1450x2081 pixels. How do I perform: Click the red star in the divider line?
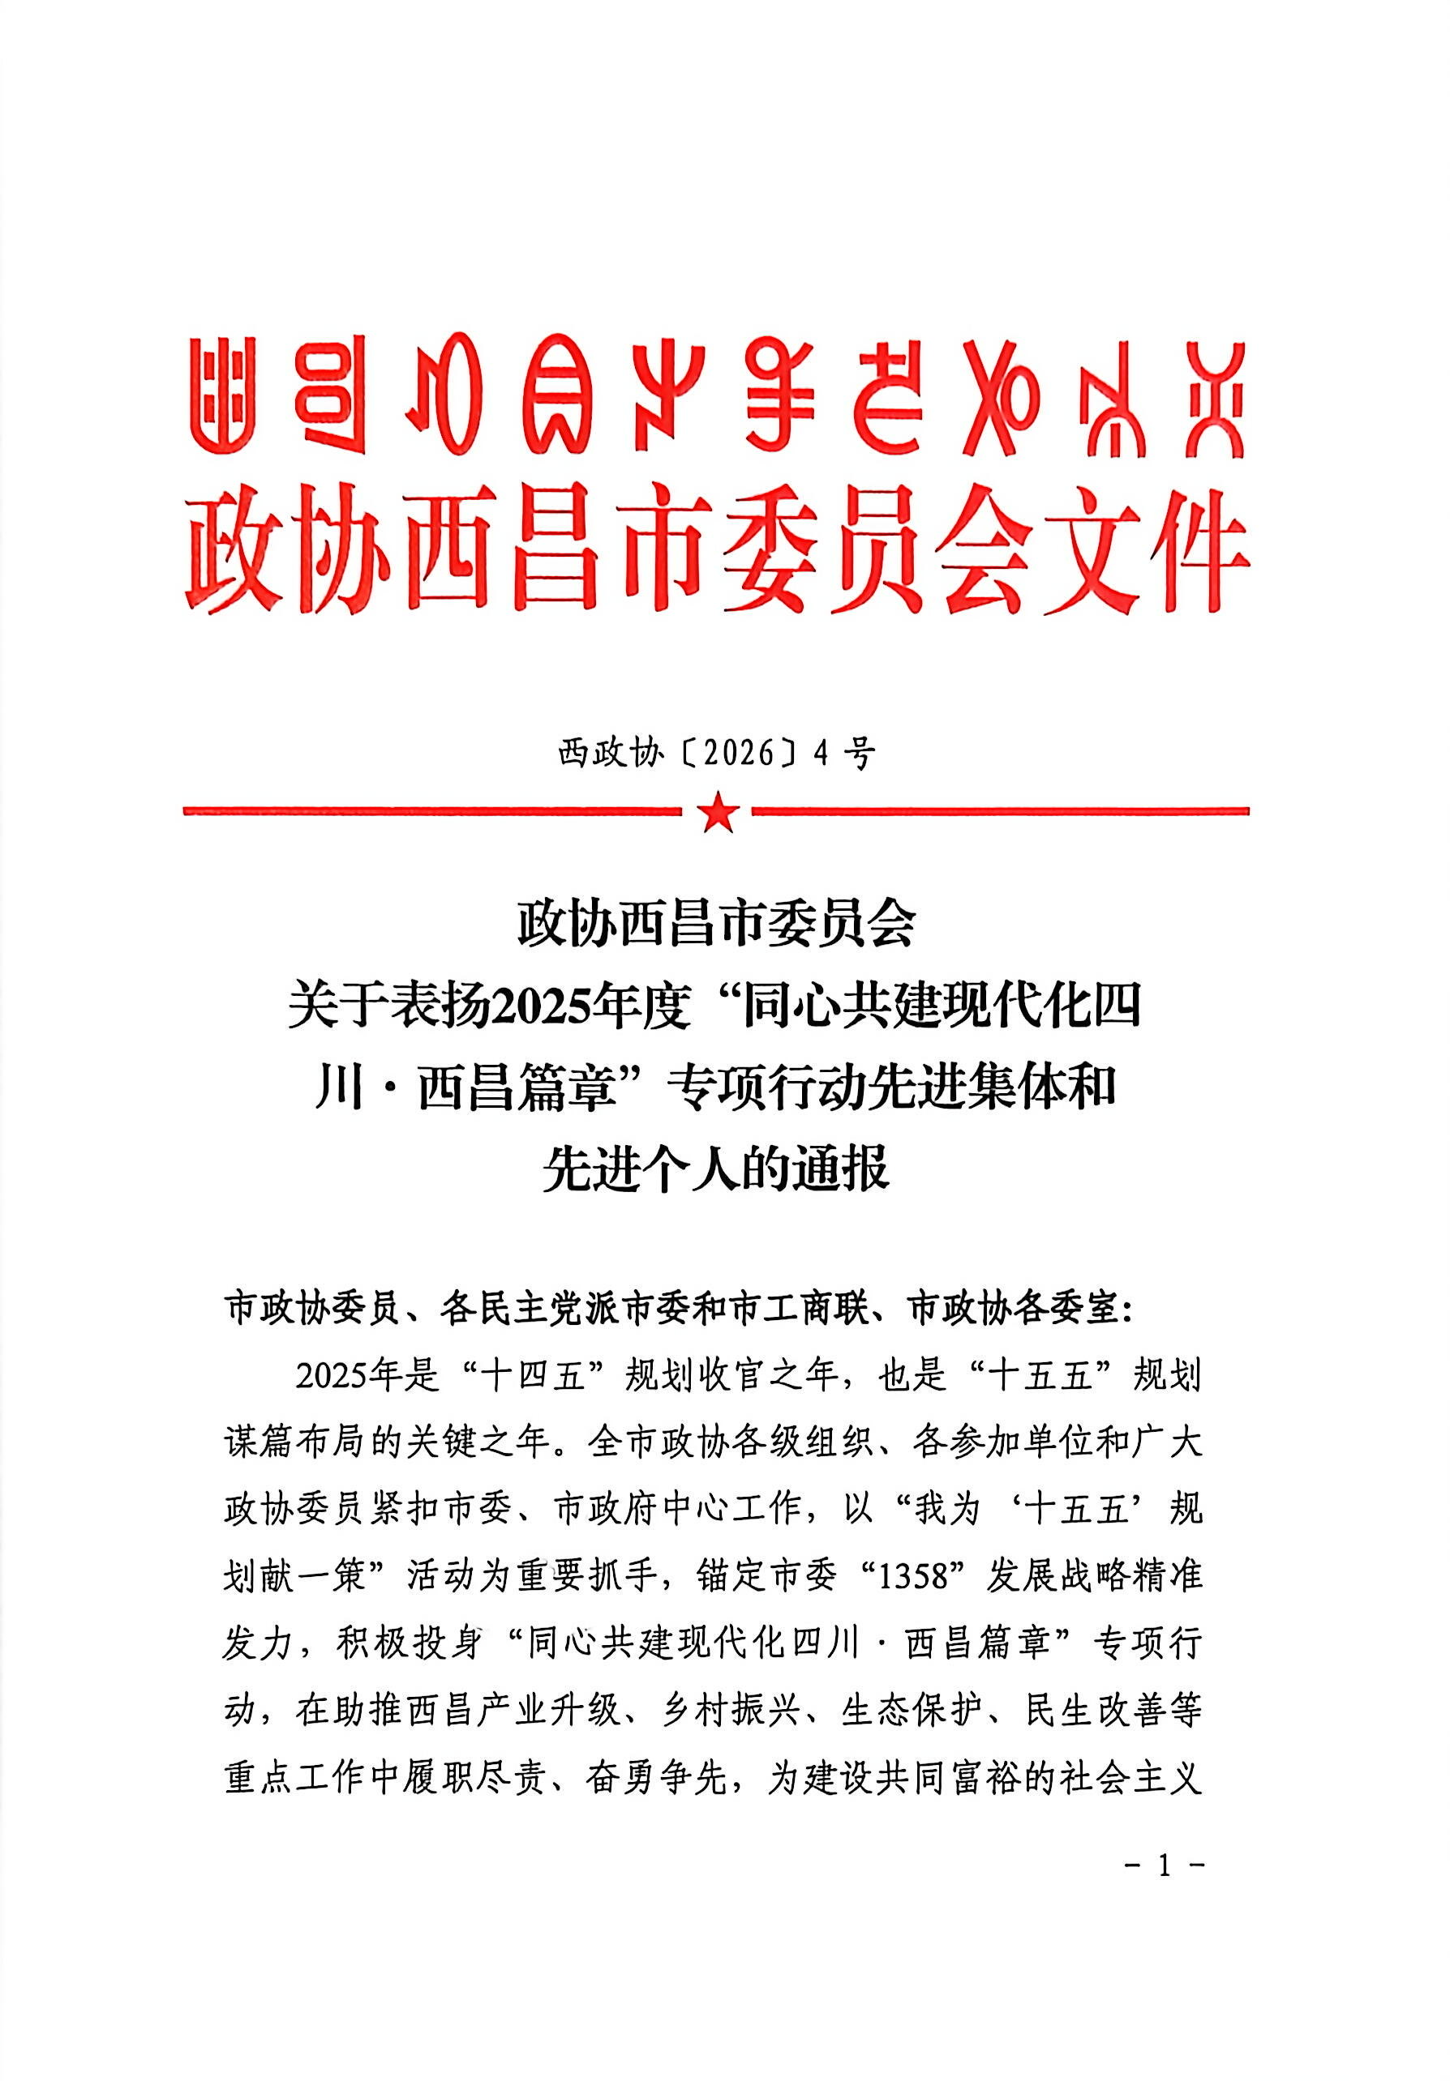click(x=719, y=811)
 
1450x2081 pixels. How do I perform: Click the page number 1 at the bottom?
click(x=1164, y=1865)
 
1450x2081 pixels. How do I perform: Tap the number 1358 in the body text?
click(x=919, y=1576)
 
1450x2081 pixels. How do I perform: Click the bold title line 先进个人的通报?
click(x=715, y=1169)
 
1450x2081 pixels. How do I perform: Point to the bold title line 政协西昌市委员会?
click(x=715, y=925)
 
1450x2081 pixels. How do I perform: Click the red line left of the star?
click(x=431, y=811)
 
